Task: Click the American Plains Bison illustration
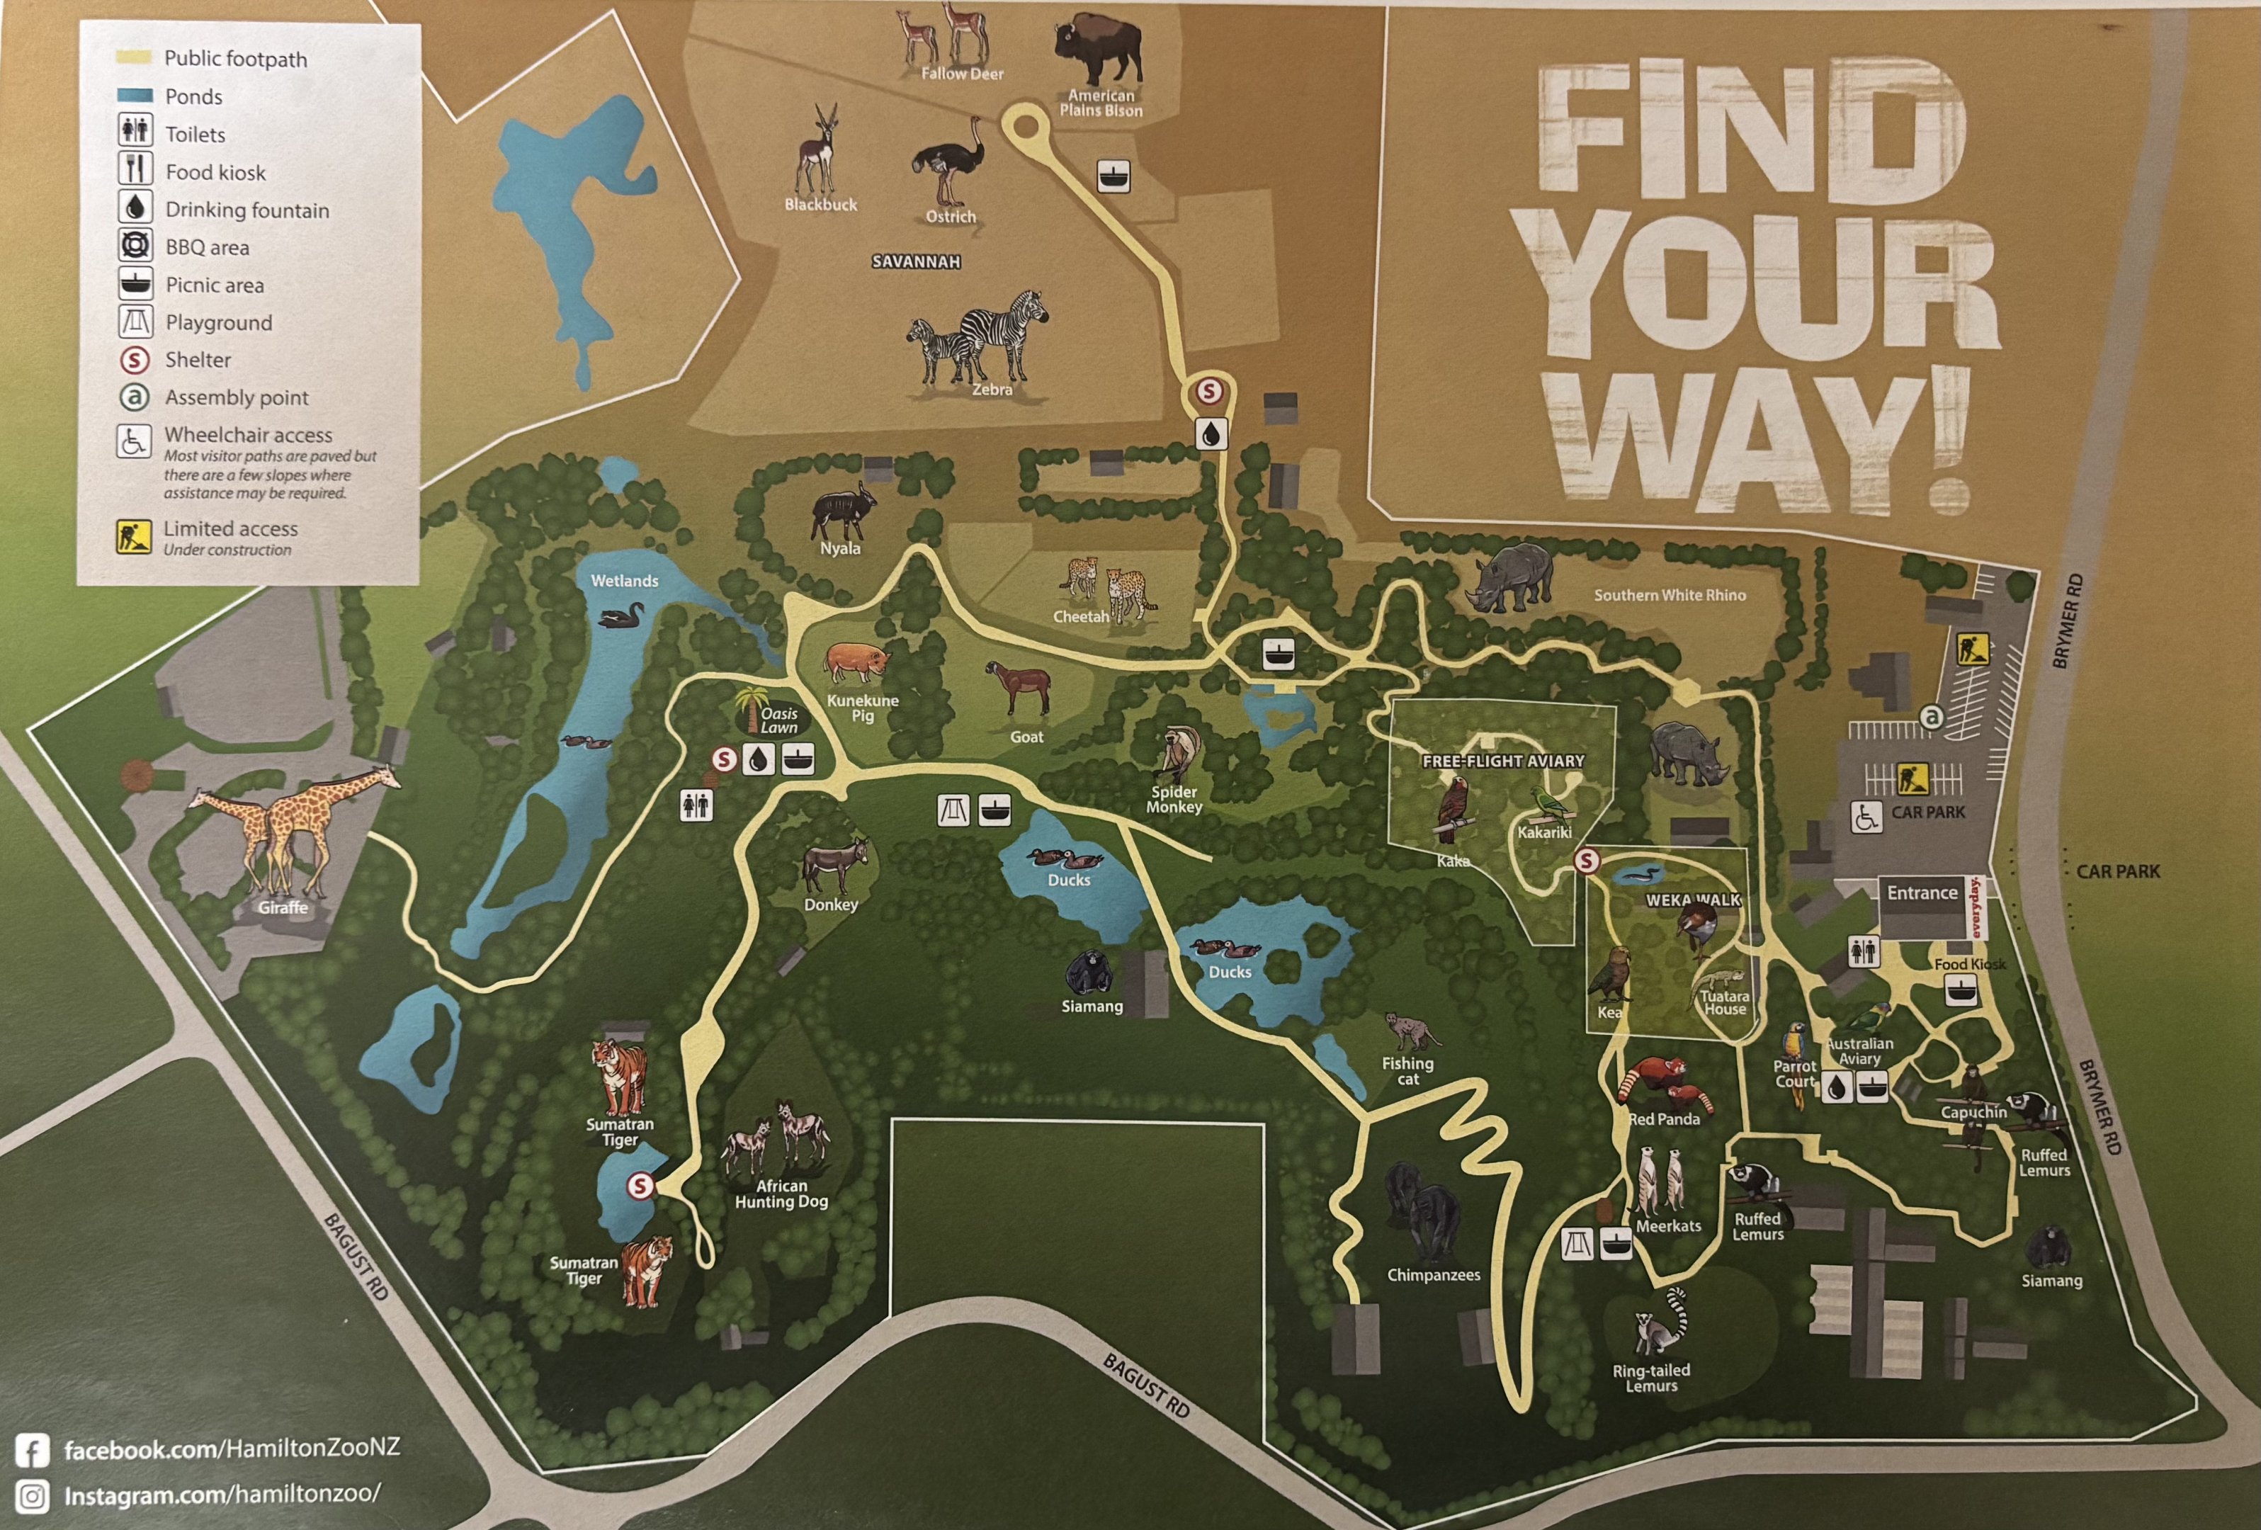[x=1099, y=49]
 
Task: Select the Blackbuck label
[x=820, y=204]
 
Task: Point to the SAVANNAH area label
[x=915, y=261]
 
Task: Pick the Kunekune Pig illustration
[x=857, y=662]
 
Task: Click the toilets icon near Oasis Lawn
[x=696, y=805]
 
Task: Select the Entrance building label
[x=1922, y=893]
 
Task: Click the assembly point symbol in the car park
[x=1931, y=718]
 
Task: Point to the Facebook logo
[x=32, y=1450]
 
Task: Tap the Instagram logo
[x=32, y=1496]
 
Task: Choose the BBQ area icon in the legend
[x=135, y=245]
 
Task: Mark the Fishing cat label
[x=1407, y=1071]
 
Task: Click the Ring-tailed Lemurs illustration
[x=1662, y=1323]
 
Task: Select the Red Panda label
[x=1664, y=1120]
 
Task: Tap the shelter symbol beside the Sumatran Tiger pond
[x=639, y=1186]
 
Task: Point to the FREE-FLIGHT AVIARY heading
[x=1503, y=761]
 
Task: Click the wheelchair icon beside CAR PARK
[x=1865, y=817]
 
